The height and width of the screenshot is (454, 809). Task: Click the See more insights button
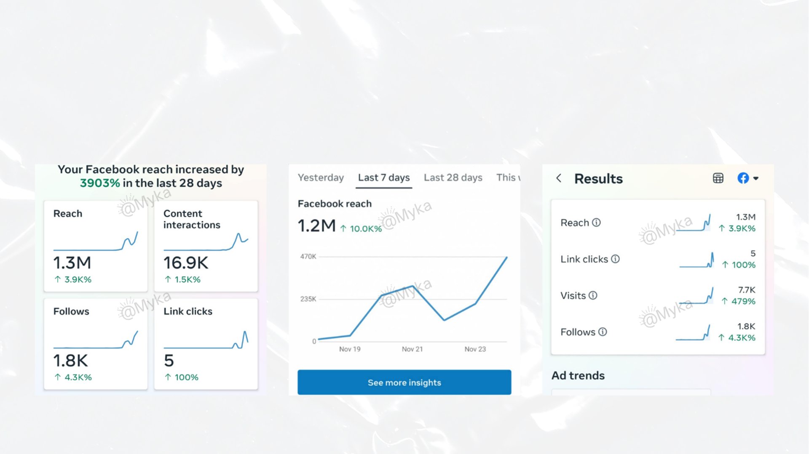click(x=404, y=382)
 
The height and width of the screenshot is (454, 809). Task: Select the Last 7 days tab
click(x=383, y=178)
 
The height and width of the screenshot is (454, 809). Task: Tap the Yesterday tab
click(x=321, y=178)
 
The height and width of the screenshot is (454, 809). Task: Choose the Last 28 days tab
click(x=453, y=178)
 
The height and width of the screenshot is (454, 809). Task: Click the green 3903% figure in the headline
click(x=100, y=183)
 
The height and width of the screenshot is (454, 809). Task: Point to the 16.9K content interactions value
click(x=186, y=263)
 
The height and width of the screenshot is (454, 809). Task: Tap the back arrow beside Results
click(x=559, y=178)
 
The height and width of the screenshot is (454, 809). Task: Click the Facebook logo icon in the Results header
click(x=743, y=178)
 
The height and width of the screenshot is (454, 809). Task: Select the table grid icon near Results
click(x=718, y=178)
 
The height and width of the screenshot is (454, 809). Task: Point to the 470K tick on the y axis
click(x=308, y=256)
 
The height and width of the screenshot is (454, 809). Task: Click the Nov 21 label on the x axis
click(x=412, y=349)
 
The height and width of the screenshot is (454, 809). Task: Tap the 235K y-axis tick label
click(x=308, y=299)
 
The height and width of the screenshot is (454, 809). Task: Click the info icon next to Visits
click(x=593, y=295)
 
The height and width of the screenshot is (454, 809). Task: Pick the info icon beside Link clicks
click(x=615, y=259)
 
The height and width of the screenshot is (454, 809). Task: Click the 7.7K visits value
click(x=746, y=290)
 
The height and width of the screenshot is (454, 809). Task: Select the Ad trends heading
click(x=578, y=375)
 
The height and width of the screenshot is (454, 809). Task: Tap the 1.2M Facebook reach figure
click(x=316, y=226)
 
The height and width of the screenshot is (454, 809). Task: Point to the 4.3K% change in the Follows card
click(x=78, y=377)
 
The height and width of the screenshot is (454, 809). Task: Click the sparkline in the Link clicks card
click(x=206, y=341)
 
